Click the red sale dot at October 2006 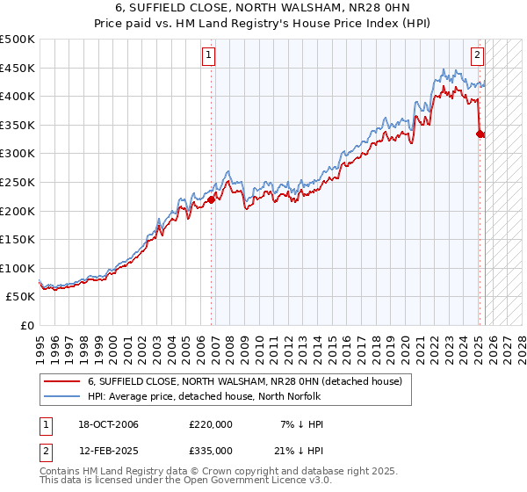tap(212, 199)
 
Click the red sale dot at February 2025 tap(480, 134)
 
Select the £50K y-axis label tap(21, 297)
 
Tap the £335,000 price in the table tap(211, 450)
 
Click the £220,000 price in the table tap(211, 424)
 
